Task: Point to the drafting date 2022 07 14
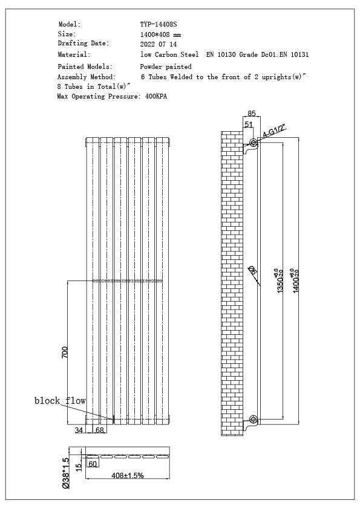click(x=158, y=44)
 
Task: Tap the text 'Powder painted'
click(x=166, y=66)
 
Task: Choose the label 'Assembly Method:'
click(x=86, y=77)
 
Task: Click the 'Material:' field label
click(x=74, y=54)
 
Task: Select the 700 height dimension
click(x=65, y=352)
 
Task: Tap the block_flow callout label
click(x=60, y=401)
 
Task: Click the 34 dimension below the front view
click(x=79, y=430)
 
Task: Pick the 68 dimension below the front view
click(x=100, y=430)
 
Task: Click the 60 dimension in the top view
click(x=93, y=464)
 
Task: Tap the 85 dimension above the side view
click(x=251, y=112)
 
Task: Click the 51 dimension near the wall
click(x=248, y=124)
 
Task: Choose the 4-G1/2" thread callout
click(x=273, y=132)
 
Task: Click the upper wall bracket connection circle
click(x=254, y=144)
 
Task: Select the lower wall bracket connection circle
click(x=254, y=419)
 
